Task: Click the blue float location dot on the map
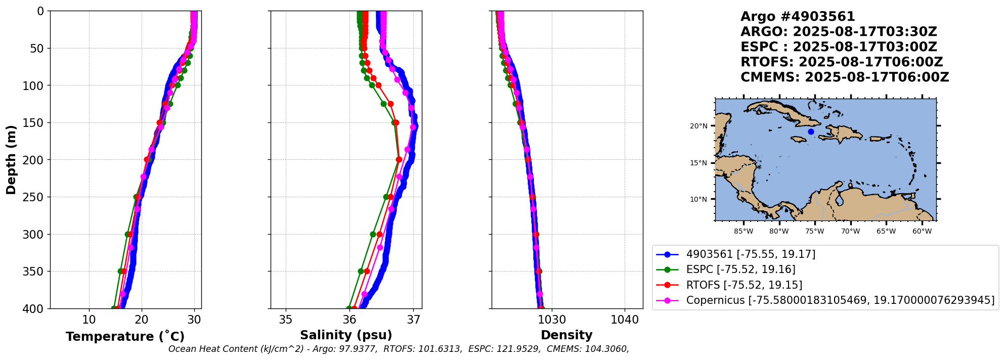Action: (811, 131)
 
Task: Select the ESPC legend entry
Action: (740, 269)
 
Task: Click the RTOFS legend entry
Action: (744, 285)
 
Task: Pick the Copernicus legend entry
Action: (840, 300)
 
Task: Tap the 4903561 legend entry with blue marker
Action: (751, 254)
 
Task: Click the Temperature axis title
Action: (125, 337)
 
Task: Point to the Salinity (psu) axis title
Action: (346, 335)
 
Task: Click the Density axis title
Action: (566, 335)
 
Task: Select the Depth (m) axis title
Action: (11, 159)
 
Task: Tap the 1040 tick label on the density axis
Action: (625, 320)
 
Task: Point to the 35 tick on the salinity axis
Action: (286, 320)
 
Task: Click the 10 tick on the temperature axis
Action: (89, 320)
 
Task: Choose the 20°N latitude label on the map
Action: (698, 126)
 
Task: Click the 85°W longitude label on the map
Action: (744, 232)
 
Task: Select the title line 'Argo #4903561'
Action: (798, 17)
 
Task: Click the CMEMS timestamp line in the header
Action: (845, 77)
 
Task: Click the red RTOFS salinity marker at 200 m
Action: (399, 160)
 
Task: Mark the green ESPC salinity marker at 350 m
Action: (361, 272)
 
